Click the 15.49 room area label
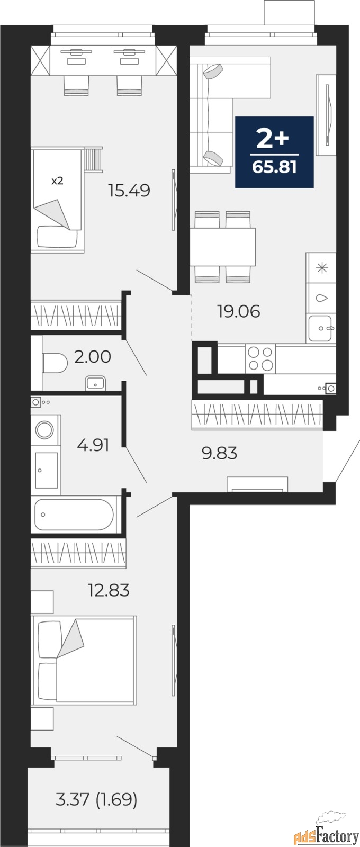[x=129, y=190]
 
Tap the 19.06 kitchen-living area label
[x=238, y=311]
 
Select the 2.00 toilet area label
[x=93, y=357]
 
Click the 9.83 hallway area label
[x=219, y=453]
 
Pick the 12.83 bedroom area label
[x=108, y=590]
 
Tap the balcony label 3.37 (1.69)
[x=96, y=799]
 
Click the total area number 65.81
[x=274, y=168]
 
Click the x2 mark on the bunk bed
[x=57, y=181]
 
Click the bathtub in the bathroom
[x=74, y=514]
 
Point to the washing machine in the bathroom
[x=46, y=429]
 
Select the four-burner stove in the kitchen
[x=260, y=358]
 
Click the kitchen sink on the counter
[x=320, y=328]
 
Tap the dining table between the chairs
[x=223, y=246]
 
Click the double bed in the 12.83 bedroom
[x=85, y=660]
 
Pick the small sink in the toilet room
[x=95, y=382]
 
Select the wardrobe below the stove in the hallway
[x=257, y=413]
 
